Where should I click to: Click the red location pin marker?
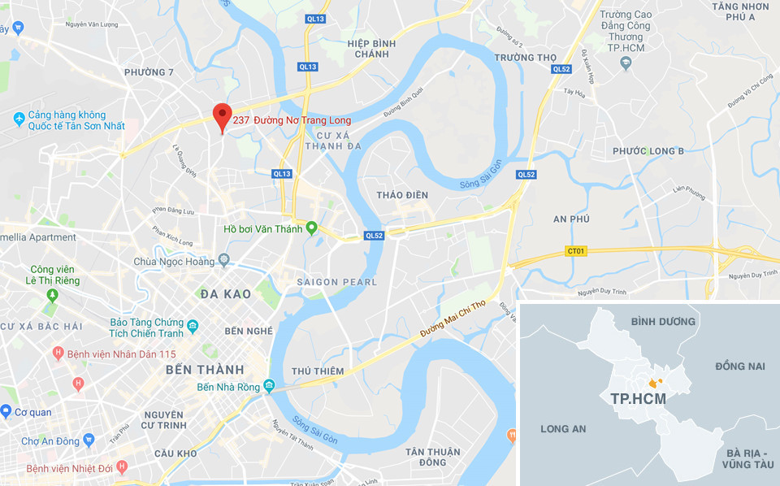pyautogui.click(x=221, y=115)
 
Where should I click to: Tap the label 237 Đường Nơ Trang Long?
pyautogui.click(x=292, y=120)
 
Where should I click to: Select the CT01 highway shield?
pyautogui.click(x=576, y=251)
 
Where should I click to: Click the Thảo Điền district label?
pyautogui.click(x=402, y=195)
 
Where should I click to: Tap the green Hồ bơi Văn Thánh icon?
pyautogui.click(x=311, y=228)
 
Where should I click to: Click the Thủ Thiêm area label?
pyautogui.click(x=318, y=371)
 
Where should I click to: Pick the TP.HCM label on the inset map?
pyautogui.click(x=638, y=399)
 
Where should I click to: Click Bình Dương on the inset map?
pyautogui.click(x=663, y=322)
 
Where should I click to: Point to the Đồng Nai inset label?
pyautogui.click(x=740, y=367)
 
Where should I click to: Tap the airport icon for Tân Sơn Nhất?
pyautogui.click(x=19, y=119)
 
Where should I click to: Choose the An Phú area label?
pyautogui.click(x=571, y=219)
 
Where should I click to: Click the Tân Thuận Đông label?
pyautogui.click(x=433, y=457)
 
